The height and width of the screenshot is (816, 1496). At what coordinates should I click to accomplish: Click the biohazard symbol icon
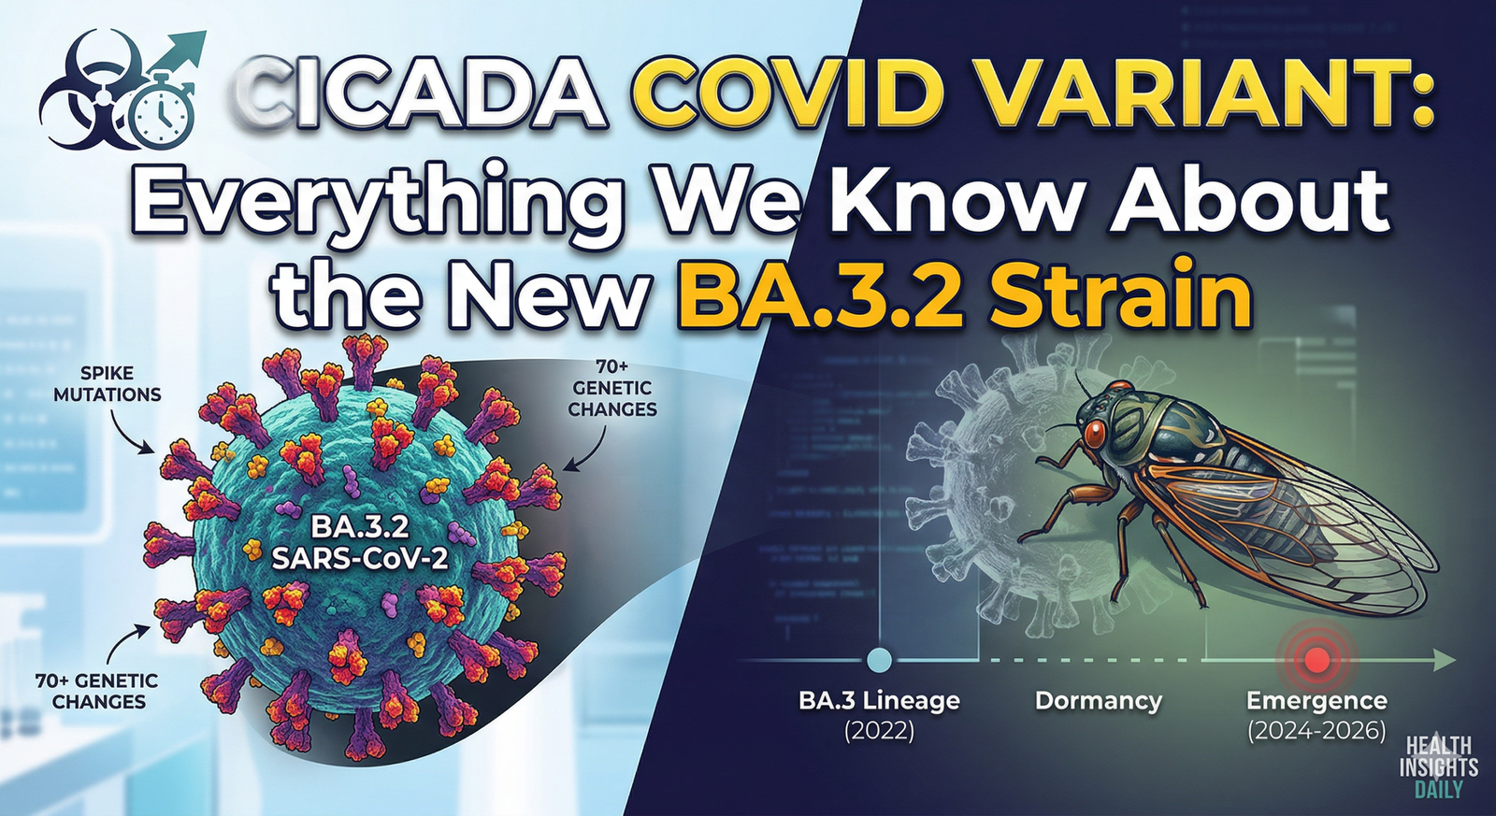[x=91, y=89]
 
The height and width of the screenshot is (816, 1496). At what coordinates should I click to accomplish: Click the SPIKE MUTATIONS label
[x=107, y=383]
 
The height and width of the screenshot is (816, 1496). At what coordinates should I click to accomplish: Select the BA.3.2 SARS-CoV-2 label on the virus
[x=360, y=542]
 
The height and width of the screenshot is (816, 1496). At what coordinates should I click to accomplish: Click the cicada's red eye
[x=1096, y=434]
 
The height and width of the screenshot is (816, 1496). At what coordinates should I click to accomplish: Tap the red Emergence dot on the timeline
[x=1316, y=660]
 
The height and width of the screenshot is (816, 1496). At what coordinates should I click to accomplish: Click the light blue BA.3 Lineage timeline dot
[x=879, y=660]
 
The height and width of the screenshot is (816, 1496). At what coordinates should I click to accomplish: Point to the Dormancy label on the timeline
[x=1098, y=701]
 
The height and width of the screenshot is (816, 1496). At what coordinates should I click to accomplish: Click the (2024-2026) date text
[x=1316, y=730]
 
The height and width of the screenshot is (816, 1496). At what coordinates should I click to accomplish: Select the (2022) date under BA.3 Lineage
[x=879, y=730]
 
